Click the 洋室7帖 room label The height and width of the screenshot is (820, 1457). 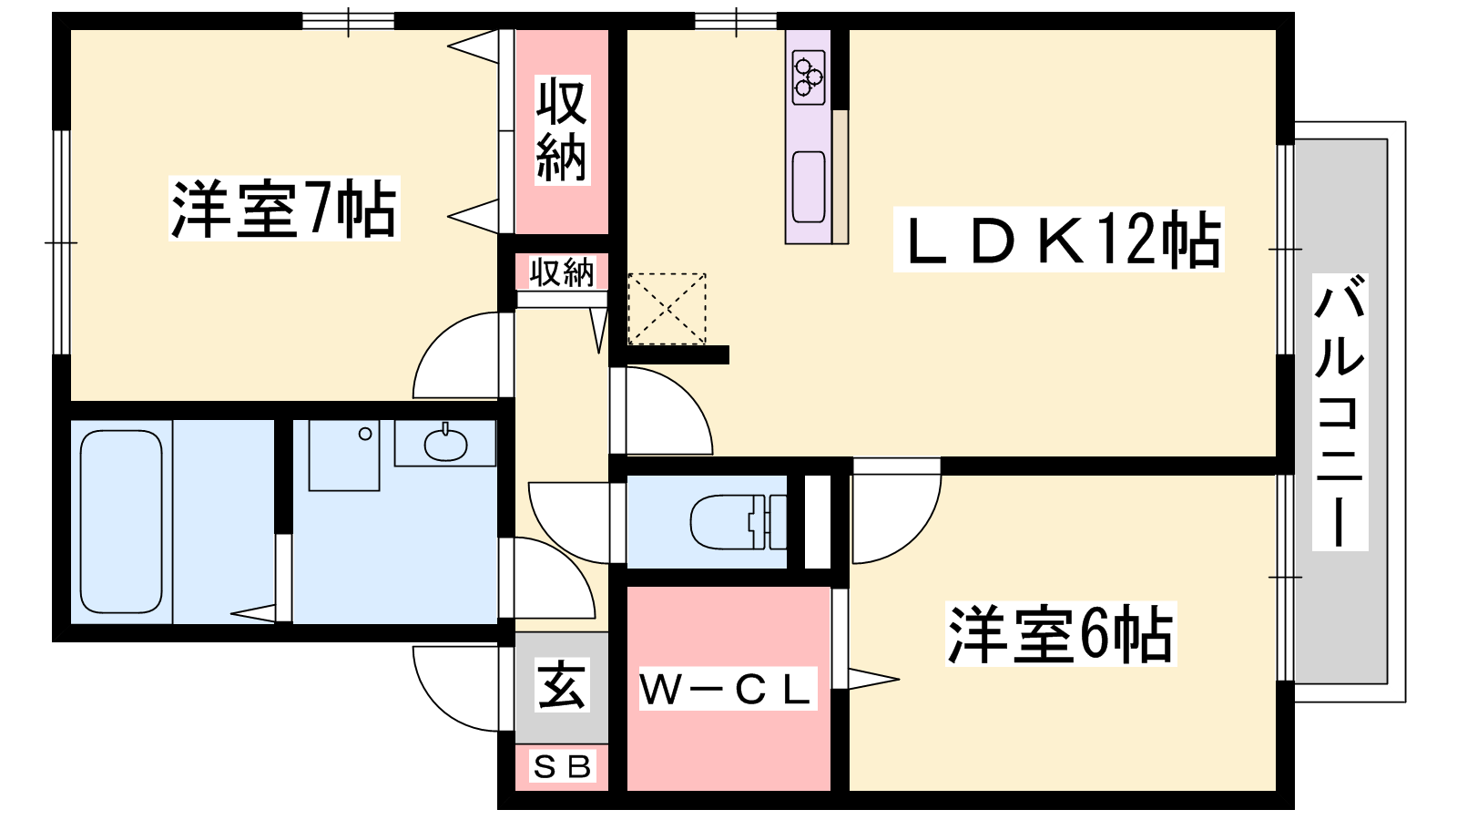[284, 209]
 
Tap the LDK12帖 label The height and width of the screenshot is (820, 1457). [1059, 239]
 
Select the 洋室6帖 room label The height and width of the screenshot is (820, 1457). [1061, 633]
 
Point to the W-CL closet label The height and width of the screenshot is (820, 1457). [728, 689]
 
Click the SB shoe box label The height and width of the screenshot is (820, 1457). [562, 766]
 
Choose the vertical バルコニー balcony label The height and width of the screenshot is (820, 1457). [1340, 412]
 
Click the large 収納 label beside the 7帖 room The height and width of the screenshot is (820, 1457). [562, 130]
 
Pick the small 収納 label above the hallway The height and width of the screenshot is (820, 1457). [562, 272]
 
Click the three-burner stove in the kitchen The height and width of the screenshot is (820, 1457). [809, 77]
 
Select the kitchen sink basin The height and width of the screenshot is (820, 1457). [809, 187]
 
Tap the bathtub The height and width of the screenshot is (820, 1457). [121, 521]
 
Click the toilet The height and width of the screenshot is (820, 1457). [738, 522]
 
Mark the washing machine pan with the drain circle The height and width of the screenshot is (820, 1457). [344, 455]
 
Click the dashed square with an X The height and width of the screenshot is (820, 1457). [667, 309]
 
